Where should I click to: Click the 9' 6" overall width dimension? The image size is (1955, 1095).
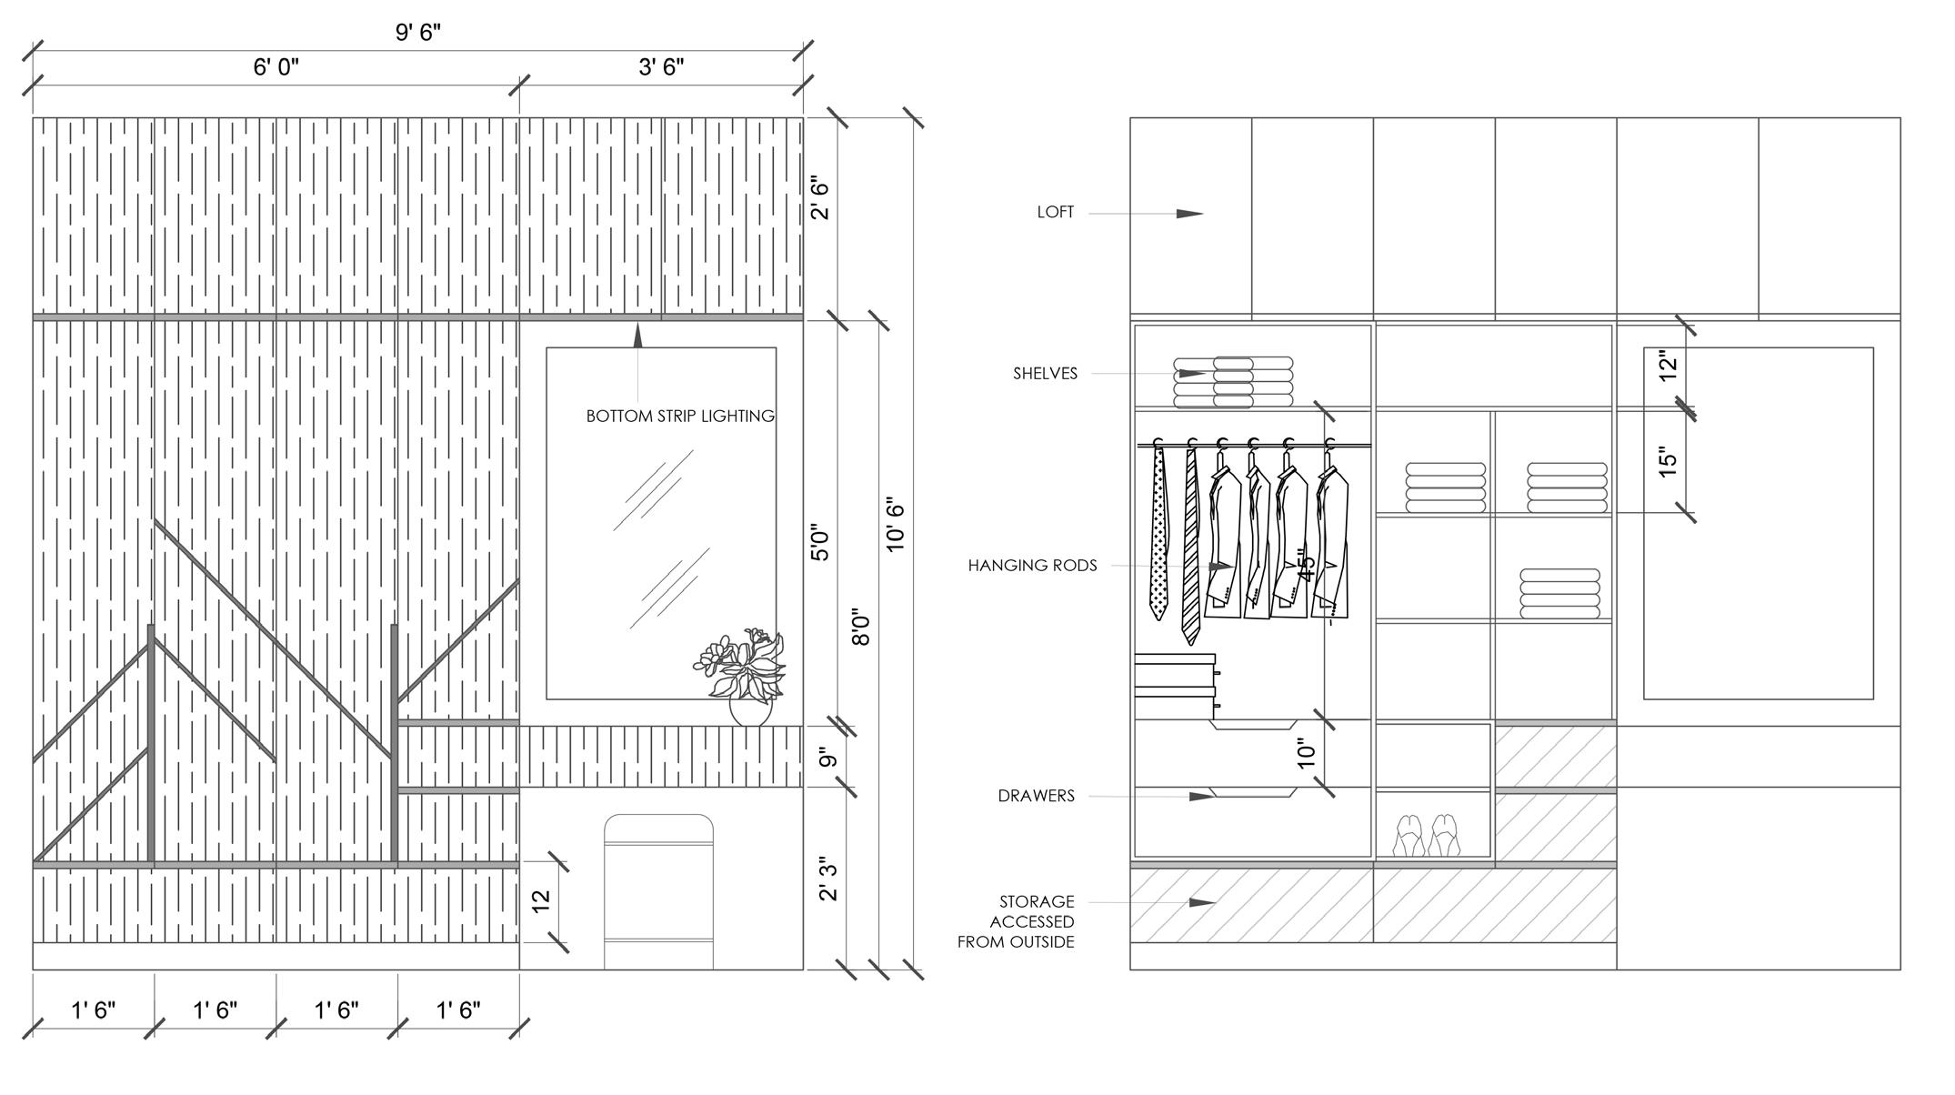coord(418,33)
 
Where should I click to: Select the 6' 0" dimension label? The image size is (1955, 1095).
coord(276,67)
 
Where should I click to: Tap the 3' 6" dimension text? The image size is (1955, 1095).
coord(661,67)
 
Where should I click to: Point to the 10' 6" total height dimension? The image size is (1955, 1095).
coord(896,524)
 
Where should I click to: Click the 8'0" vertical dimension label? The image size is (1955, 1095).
coord(861,628)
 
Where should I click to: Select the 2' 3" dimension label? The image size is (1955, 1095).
coord(827,878)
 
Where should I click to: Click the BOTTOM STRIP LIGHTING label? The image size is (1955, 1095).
coord(680,417)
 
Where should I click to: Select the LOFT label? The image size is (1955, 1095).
coord(1056,213)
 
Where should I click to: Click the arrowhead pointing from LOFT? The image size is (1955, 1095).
coord(1189,214)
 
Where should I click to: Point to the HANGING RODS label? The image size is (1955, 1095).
coord(1032,566)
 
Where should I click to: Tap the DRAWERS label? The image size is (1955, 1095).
coord(1036,797)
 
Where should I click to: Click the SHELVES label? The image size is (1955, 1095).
coord(1045,374)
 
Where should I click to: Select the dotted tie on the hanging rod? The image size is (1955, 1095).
coord(1158,537)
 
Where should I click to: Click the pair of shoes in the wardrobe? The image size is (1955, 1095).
coord(1427,835)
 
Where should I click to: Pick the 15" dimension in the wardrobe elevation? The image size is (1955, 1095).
coord(1667,462)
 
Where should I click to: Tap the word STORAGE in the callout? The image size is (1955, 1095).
coord(1037,902)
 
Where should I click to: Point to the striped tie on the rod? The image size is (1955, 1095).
coord(1191,546)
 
